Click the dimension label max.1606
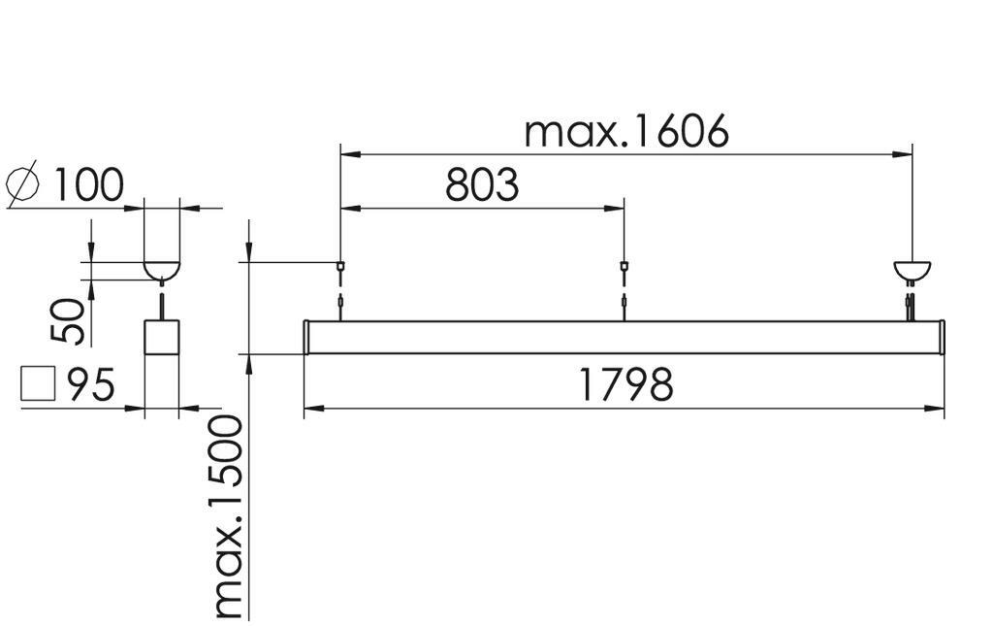click(x=626, y=132)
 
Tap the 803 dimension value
click(x=482, y=185)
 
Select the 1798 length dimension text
click(x=625, y=384)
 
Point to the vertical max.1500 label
click(x=229, y=516)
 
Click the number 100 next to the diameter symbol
click(x=88, y=185)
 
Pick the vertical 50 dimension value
click(x=68, y=321)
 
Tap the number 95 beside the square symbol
click(x=91, y=384)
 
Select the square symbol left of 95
click(x=38, y=384)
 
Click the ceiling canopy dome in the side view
click(x=162, y=270)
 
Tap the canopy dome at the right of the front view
click(x=912, y=271)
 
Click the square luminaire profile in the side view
click(x=162, y=337)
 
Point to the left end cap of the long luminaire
click(x=306, y=337)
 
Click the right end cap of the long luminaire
click(x=942, y=337)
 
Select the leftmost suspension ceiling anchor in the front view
click(x=340, y=266)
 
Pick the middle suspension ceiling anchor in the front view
click(x=624, y=266)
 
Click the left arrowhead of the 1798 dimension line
click(x=313, y=409)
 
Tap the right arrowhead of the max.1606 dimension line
click(x=903, y=154)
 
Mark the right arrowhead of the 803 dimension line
click(x=614, y=208)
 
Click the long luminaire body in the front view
click(x=624, y=337)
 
